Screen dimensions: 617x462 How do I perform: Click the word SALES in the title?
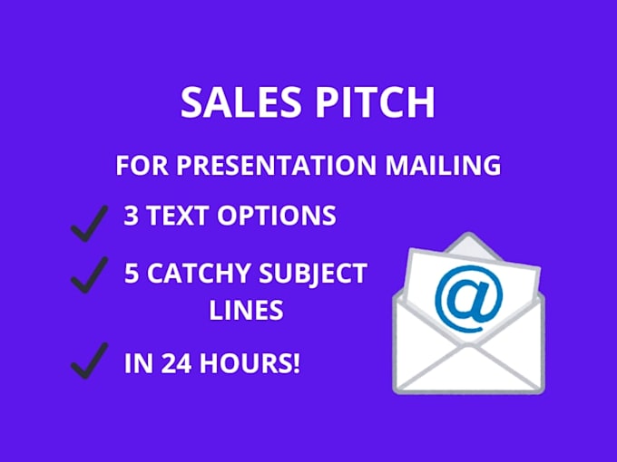240,101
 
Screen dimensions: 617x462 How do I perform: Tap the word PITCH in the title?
375,101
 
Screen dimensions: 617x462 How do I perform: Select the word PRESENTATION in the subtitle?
276,165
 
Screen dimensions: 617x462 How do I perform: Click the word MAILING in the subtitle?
443,165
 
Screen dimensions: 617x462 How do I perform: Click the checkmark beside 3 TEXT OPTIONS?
89,223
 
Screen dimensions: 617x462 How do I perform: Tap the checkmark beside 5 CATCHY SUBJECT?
89,274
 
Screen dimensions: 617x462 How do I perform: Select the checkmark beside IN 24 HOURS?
89,361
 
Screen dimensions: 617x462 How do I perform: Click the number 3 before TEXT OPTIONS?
132,216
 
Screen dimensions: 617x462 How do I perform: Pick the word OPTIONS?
277,216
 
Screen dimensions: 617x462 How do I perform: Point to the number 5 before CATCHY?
132,273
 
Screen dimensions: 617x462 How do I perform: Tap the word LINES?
246,310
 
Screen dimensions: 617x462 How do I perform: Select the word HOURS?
250,363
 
